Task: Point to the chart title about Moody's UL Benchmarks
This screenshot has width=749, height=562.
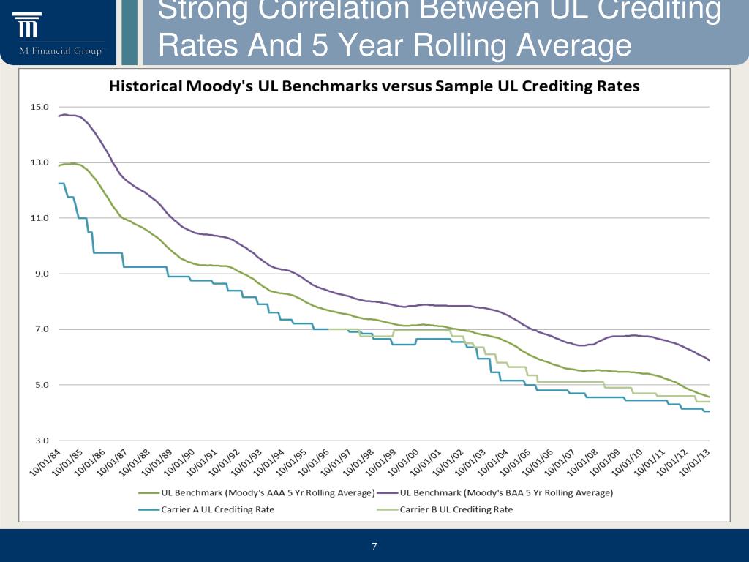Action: pos(374,86)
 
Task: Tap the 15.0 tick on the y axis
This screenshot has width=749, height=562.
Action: pos(39,107)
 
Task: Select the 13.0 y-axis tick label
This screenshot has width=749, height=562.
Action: pos(39,162)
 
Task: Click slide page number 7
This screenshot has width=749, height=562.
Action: pos(374,547)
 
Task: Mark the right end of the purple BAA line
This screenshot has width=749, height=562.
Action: pos(710,360)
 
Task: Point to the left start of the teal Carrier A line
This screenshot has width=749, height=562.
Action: pos(59,184)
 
